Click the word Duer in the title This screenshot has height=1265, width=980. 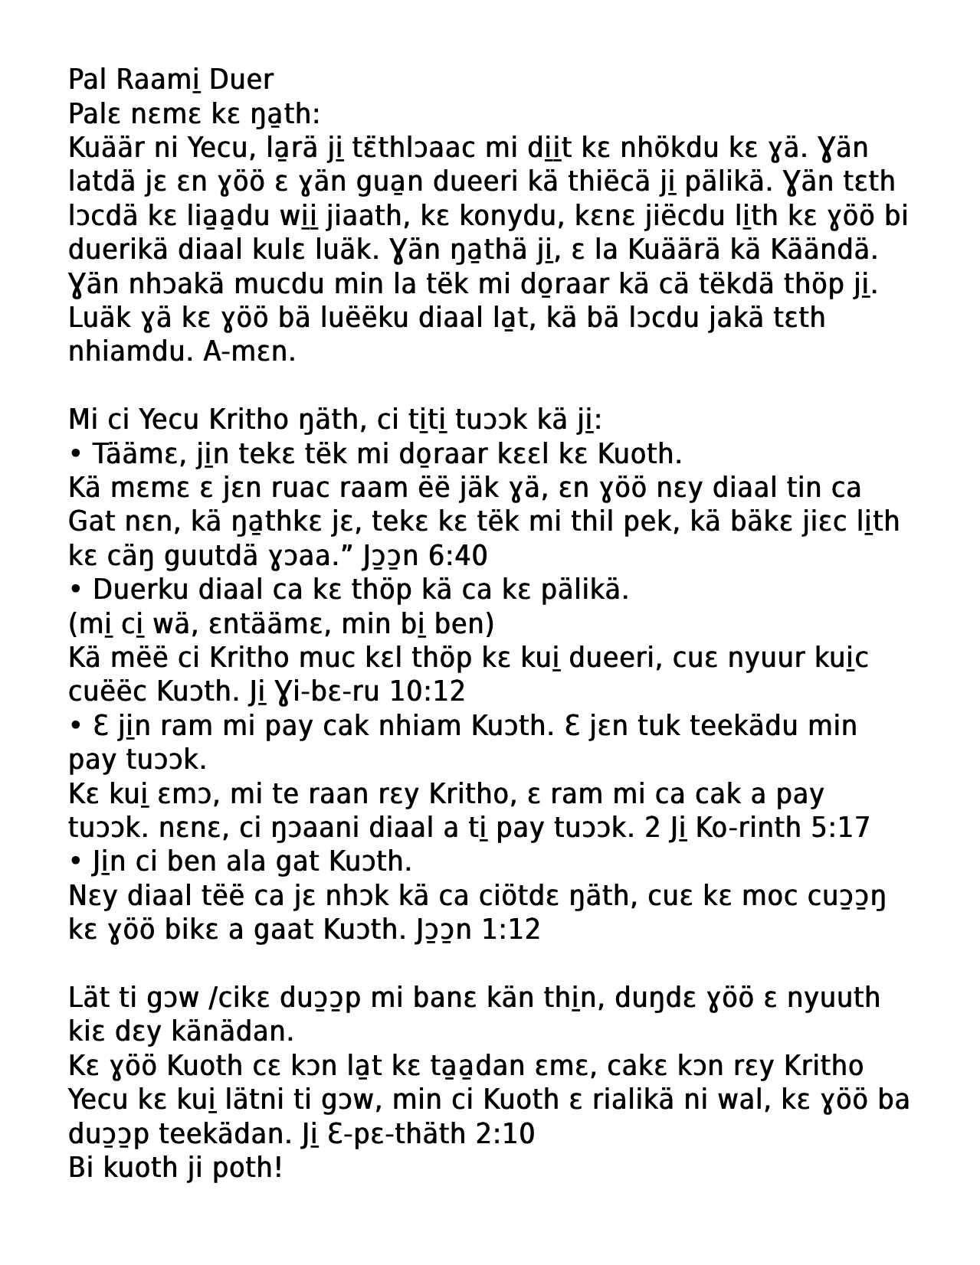[241, 80]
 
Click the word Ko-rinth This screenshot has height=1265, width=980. [755, 827]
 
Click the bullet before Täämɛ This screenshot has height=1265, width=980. [75, 454]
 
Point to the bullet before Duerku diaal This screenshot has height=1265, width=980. [75, 590]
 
